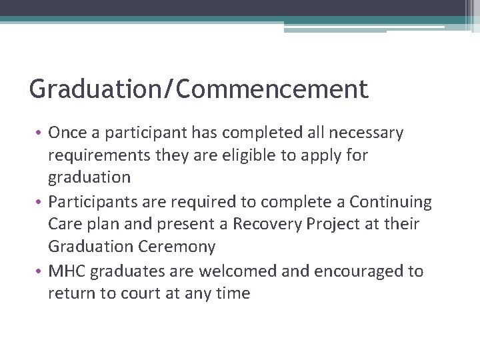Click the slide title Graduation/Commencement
(199, 89)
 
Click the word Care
(64, 224)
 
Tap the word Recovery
(269, 224)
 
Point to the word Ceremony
(177, 247)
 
